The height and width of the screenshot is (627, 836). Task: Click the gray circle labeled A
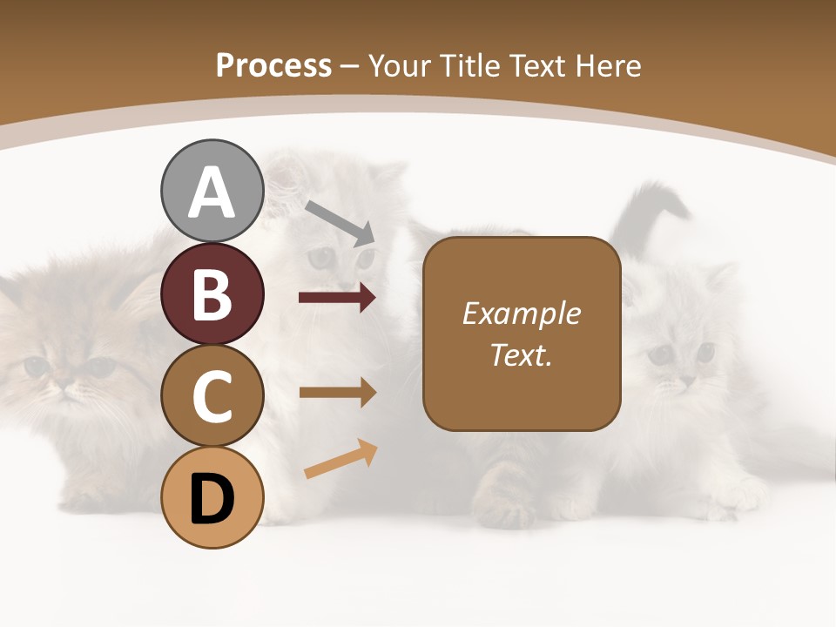(x=212, y=191)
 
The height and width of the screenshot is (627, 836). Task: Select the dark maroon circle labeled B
(x=212, y=293)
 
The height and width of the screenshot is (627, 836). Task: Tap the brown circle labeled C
(x=212, y=395)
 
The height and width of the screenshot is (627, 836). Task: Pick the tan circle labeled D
(x=212, y=497)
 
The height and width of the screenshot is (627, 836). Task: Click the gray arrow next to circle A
(x=340, y=223)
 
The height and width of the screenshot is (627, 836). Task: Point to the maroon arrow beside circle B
(x=337, y=298)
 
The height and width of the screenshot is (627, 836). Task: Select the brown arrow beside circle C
(x=337, y=392)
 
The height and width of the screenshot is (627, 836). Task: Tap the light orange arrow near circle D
(x=340, y=459)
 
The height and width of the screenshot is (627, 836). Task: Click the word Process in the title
(x=273, y=65)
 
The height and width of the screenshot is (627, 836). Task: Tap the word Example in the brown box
(x=521, y=314)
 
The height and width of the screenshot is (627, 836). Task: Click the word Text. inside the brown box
(x=521, y=354)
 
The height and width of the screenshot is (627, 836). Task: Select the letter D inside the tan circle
(x=212, y=499)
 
